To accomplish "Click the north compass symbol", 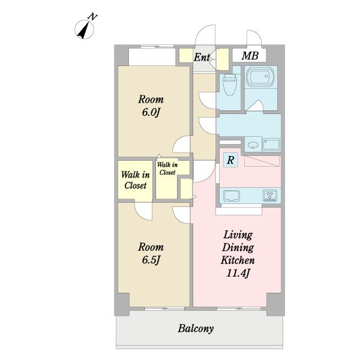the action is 84,29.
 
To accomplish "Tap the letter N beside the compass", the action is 93,17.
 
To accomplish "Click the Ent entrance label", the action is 202,57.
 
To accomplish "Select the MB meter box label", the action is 250,56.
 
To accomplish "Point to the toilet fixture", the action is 230,85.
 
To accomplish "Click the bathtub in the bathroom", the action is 261,77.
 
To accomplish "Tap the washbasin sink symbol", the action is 253,145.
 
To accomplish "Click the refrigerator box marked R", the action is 230,160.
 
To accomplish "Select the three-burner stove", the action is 270,196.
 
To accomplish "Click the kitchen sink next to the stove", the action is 232,196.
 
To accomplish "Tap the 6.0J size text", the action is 151,113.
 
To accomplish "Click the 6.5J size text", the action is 151,260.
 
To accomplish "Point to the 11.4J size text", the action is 238,274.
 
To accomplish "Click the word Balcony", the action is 196,329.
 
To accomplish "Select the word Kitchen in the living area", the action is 238,260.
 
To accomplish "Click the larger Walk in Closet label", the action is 136,180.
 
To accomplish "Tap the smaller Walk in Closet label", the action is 167,169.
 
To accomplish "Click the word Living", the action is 238,235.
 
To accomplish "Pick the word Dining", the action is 238,248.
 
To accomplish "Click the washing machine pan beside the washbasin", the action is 271,145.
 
